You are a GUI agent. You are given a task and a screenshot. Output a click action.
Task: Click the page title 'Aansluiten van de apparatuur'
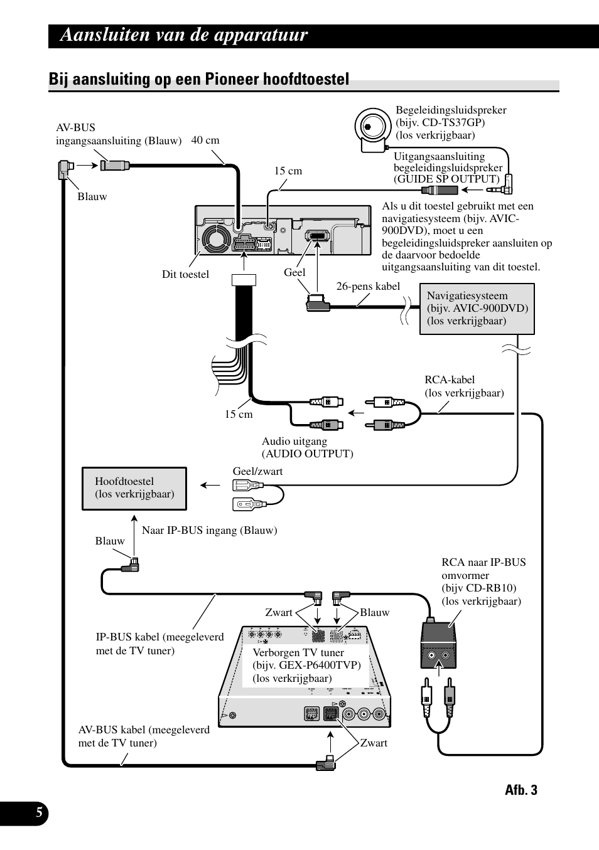point(184,35)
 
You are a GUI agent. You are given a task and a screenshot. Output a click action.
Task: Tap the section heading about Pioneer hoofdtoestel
point(198,80)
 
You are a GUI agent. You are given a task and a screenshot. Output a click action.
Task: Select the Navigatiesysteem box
point(477,309)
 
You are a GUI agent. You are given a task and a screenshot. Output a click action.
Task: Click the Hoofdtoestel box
point(134,488)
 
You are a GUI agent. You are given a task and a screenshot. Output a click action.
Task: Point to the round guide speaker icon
point(372,126)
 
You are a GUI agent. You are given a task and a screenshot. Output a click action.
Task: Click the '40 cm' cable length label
point(205,140)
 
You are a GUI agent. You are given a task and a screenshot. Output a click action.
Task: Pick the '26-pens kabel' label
point(368,286)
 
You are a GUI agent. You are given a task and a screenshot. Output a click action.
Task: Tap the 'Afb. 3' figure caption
point(521,790)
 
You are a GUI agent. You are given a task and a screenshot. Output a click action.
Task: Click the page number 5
point(39,813)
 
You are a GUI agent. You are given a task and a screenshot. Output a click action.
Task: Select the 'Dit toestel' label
point(185,274)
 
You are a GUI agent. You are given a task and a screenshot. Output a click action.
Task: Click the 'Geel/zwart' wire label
point(257,471)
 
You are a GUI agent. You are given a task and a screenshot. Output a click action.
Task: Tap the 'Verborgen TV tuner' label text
point(298,652)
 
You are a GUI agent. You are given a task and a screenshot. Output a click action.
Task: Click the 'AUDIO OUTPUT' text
point(308,454)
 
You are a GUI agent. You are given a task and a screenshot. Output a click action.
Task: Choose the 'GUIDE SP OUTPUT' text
point(446,179)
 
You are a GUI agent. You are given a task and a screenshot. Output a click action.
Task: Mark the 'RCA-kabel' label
point(450,380)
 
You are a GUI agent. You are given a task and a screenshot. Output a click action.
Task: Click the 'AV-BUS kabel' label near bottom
point(144,730)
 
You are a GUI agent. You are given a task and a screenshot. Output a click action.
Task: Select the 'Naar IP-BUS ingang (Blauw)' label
point(209,530)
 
